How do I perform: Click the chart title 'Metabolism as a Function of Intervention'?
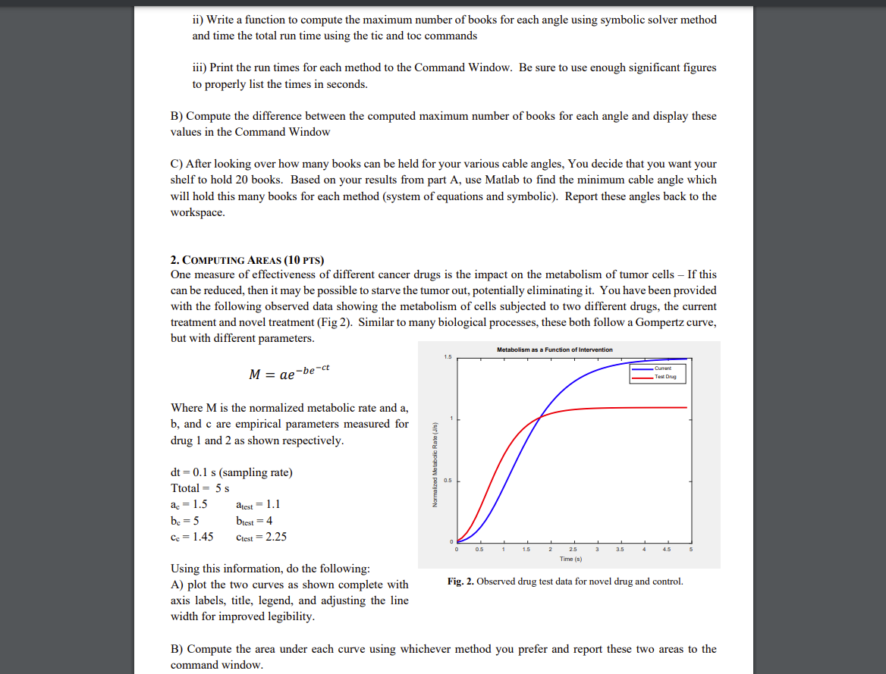tap(555, 350)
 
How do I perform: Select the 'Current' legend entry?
tap(664, 368)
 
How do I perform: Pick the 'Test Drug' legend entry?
tap(665, 376)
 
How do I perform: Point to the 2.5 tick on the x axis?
tap(573, 549)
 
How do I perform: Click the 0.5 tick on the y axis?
tap(448, 481)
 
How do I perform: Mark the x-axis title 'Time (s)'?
tap(571, 559)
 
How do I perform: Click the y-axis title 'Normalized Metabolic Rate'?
tap(435, 464)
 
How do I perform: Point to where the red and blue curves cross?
tap(540, 416)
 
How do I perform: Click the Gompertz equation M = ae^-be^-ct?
tap(289, 373)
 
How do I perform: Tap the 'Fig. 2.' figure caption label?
tap(460, 582)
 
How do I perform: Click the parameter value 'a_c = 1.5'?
tap(189, 504)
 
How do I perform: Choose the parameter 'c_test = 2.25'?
tap(262, 537)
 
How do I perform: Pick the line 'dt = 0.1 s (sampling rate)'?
tap(231, 472)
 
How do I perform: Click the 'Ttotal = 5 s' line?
tap(200, 488)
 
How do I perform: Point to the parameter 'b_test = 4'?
tap(254, 520)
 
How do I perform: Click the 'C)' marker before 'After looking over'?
tap(177, 164)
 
